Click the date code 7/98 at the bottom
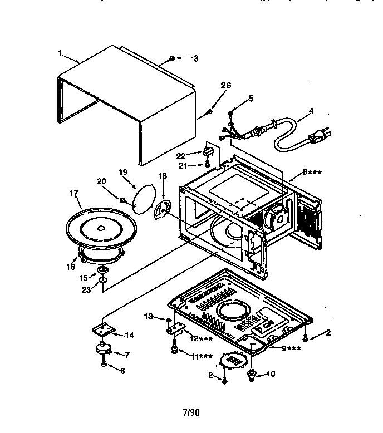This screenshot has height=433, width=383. click(x=191, y=414)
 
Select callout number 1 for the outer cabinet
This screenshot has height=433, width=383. click(x=60, y=53)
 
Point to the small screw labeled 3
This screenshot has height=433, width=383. click(x=172, y=58)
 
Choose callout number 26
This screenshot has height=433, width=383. click(x=225, y=85)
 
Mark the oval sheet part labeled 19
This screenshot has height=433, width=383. click(x=144, y=197)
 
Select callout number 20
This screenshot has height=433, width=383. click(x=101, y=180)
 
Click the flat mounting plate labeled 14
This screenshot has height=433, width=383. click(x=105, y=331)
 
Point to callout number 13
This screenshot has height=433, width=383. click(x=148, y=317)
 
